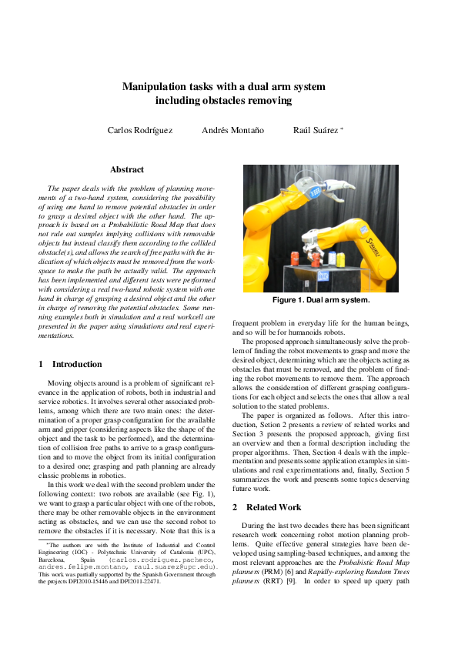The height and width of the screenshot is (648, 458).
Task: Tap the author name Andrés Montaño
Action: (232, 130)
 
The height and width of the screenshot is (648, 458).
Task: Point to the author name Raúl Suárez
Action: (316, 130)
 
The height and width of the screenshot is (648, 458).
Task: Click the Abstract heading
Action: (127, 169)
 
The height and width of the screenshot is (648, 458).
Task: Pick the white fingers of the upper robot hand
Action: (337, 185)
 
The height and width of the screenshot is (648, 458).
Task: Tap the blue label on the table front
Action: (323, 276)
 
